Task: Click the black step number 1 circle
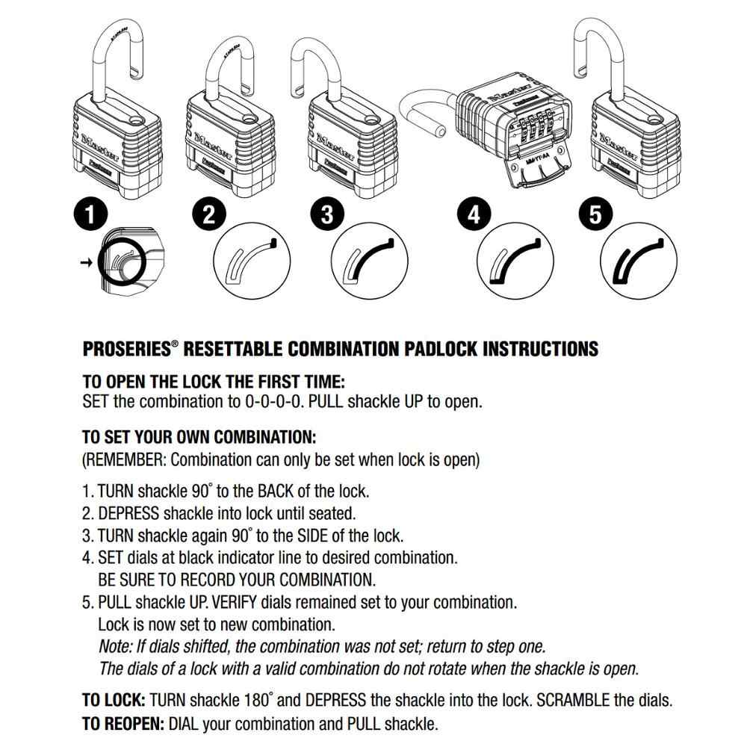(90, 215)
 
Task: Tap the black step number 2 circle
(209, 215)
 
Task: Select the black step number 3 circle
(326, 215)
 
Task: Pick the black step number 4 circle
(473, 215)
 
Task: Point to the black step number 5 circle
(595, 215)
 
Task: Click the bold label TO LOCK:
(114, 701)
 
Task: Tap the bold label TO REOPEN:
(123, 723)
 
